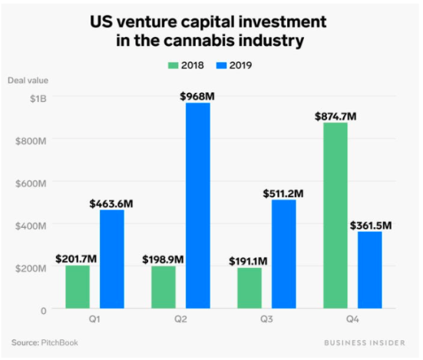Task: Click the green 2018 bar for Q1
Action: click(77, 287)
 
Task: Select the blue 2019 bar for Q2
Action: click(197, 206)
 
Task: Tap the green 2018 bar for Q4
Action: click(335, 216)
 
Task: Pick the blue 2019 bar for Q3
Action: click(283, 254)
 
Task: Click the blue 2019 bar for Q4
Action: click(369, 270)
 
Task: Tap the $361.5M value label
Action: click(371, 225)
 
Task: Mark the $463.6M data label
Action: click(112, 203)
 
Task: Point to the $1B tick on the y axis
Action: click(36, 98)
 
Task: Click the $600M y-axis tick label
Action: click(31, 183)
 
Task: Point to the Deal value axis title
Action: click(28, 81)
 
